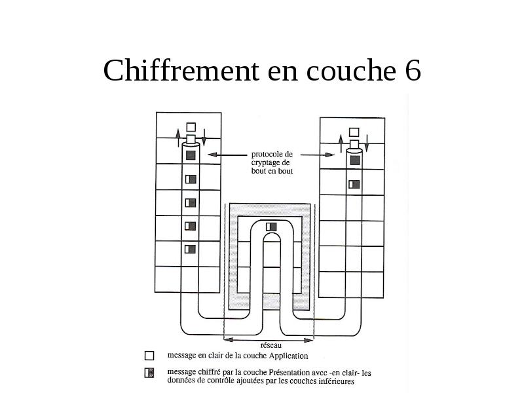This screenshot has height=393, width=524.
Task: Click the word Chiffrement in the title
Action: click(x=181, y=70)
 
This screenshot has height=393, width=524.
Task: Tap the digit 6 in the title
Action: click(x=413, y=70)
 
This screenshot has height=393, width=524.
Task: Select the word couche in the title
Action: click(x=351, y=70)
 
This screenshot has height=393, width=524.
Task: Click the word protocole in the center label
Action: click(x=272, y=155)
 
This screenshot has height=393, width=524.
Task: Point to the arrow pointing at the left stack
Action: click(x=227, y=155)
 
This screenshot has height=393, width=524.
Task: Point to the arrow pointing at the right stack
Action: click(x=318, y=155)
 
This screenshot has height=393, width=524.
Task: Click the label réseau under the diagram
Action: click(x=271, y=345)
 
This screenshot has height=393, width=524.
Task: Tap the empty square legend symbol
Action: click(x=149, y=356)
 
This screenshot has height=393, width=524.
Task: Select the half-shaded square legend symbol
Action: click(x=149, y=373)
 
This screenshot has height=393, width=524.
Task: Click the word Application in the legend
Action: click(x=288, y=356)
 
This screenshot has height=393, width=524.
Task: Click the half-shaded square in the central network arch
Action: click(x=271, y=227)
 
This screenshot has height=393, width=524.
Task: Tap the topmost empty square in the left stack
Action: click(x=191, y=127)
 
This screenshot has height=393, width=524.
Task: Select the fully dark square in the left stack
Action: click(x=191, y=155)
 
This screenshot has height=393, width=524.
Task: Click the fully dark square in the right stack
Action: click(x=355, y=160)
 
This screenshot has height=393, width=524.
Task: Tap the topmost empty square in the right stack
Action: click(x=354, y=132)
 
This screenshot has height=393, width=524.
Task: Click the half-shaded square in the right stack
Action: click(x=354, y=185)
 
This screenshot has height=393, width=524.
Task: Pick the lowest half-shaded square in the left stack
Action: click(x=190, y=250)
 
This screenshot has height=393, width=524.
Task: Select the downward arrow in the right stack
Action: click(x=367, y=143)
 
